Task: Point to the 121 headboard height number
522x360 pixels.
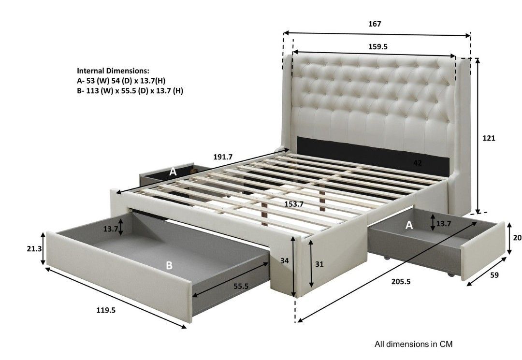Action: [x=489, y=138]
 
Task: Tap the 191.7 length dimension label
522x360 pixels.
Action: [x=223, y=157]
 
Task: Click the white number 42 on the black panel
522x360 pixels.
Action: [x=418, y=163]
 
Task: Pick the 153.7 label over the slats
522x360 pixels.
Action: [x=293, y=204]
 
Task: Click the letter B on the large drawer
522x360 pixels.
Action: [x=169, y=265]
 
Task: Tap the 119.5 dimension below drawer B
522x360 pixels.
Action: [x=106, y=311]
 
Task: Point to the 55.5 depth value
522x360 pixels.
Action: [x=241, y=286]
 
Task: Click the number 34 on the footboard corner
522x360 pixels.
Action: [x=285, y=260]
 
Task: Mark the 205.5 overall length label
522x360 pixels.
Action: [x=401, y=281]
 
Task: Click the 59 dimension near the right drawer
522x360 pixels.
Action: [x=494, y=275]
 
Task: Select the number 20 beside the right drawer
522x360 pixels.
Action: [x=517, y=238]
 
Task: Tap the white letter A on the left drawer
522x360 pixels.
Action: [x=173, y=172]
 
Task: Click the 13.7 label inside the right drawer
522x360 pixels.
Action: [x=443, y=224]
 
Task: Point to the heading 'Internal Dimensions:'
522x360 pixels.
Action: [x=113, y=71]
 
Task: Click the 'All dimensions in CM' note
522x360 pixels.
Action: [x=414, y=344]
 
